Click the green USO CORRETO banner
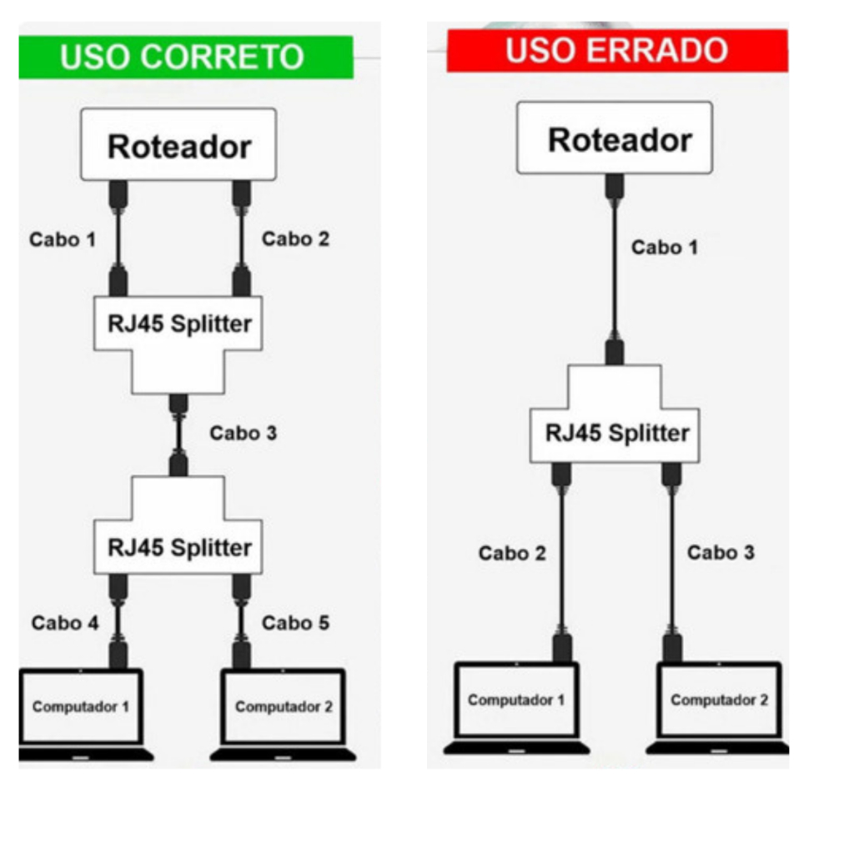click(185, 58)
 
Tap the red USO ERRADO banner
click(617, 51)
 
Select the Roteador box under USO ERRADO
click(615, 138)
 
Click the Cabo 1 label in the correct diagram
click(63, 239)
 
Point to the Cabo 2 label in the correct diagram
click(295, 239)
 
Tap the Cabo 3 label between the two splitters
click(243, 433)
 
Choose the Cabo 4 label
click(65, 623)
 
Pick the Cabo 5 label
click(295, 622)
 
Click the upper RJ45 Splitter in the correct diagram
click(178, 324)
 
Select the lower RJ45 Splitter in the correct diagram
click(178, 547)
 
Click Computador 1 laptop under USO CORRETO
click(82, 707)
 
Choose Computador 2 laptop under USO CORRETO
click(284, 707)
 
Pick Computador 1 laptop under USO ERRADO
click(516, 701)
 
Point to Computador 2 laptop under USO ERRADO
click(719, 701)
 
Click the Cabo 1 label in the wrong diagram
click(664, 248)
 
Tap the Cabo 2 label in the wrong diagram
click(512, 553)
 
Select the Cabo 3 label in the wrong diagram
click(721, 552)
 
